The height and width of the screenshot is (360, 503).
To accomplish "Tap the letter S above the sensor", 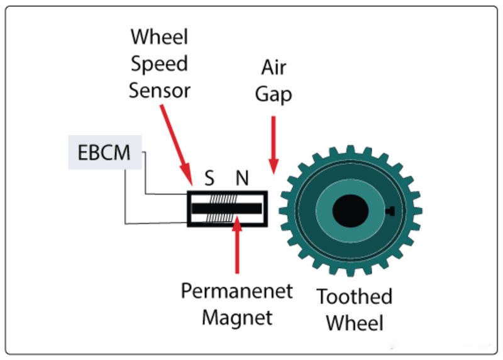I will point(210,178).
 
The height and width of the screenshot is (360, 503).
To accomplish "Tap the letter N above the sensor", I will point(241,178).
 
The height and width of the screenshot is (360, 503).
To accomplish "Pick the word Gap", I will point(274,94).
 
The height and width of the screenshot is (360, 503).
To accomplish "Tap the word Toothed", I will point(355,297).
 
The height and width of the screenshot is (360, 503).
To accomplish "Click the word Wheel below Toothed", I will point(355,323).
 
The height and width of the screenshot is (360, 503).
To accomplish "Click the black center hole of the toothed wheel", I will point(350,210).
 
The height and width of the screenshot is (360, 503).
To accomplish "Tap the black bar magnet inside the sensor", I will point(227,208).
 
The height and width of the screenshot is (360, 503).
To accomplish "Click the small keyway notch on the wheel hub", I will point(390,210).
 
